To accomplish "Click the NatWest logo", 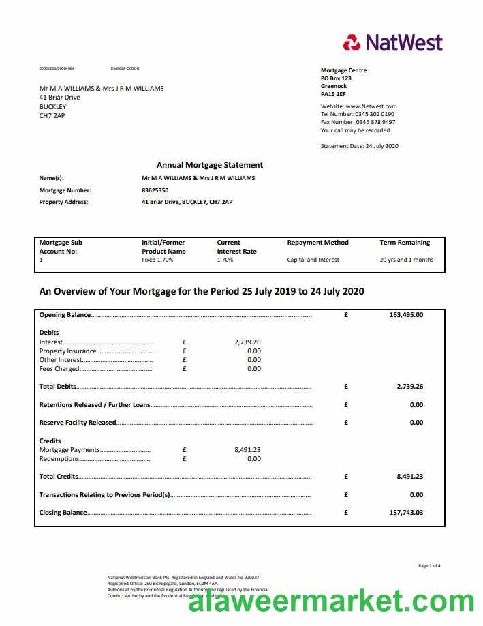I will (x=393, y=42).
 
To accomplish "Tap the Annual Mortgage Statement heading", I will (x=209, y=165).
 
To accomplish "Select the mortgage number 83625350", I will (x=155, y=190).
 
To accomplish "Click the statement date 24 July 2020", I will (x=381, y=146).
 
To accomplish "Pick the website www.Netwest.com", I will (x=371, y=106).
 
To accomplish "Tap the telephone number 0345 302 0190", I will (x=375, y=114).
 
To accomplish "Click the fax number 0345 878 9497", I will (x=375, y=122).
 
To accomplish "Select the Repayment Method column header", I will (x=317, y=242).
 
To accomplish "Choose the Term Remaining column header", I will (x=405, y=242).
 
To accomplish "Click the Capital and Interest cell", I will (x=313, y=260).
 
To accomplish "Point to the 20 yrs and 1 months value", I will (x=406, y=260).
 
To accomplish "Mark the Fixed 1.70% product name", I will (x=157, y=260).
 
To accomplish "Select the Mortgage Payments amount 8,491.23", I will (x=247, y=450).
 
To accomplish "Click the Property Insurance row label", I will (x=68, y=351).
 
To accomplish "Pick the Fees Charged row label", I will (x=59, y=368).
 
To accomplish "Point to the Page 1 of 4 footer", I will (x=429, y=566).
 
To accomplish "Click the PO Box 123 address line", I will (x=336, y=78).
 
